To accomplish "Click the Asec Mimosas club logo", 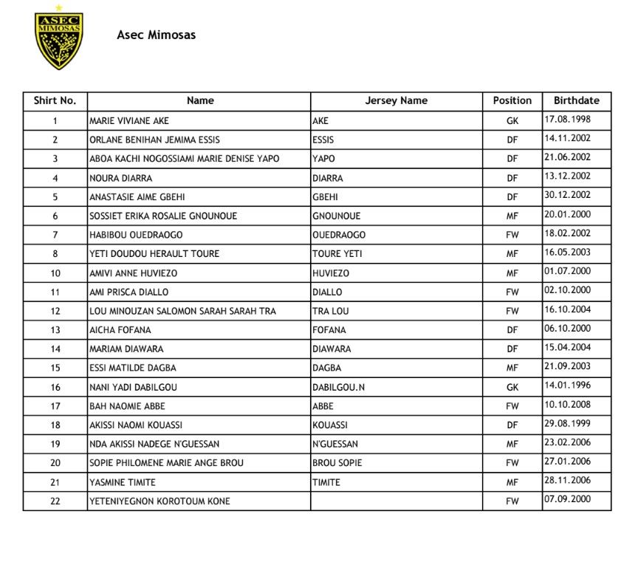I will pos(59,38).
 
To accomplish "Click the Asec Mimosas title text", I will pos(156,35).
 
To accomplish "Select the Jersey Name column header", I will pos(396,100).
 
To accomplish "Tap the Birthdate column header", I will pos(576,100).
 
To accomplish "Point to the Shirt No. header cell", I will pos(55,100).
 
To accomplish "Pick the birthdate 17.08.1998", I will pos(567,119).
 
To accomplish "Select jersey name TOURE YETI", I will pos(337,254).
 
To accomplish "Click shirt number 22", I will pos(55,501).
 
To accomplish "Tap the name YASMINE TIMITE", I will pos(123,482).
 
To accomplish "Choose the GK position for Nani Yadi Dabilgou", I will pos(512,387).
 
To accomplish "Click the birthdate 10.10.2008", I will pos(567,405).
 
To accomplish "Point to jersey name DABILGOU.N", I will pos(339,387).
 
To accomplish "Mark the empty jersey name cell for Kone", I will pos(396,501).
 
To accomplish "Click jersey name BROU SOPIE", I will pos(337,463).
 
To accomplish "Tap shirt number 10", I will pos(55,273).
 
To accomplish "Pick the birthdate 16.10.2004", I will pos(567,309).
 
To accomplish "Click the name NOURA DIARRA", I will pos(121,178).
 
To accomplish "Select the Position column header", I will pos(512,100).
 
